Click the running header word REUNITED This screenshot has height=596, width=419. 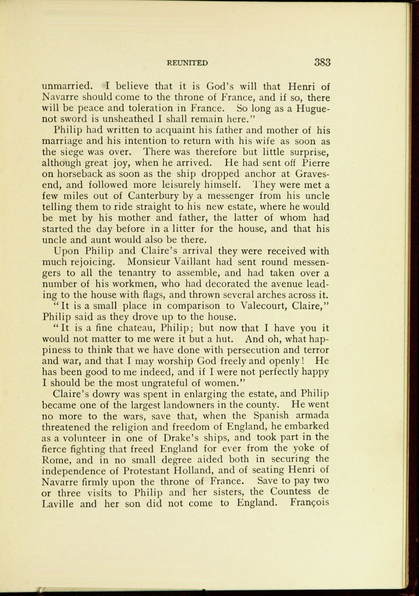coord(188,63)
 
